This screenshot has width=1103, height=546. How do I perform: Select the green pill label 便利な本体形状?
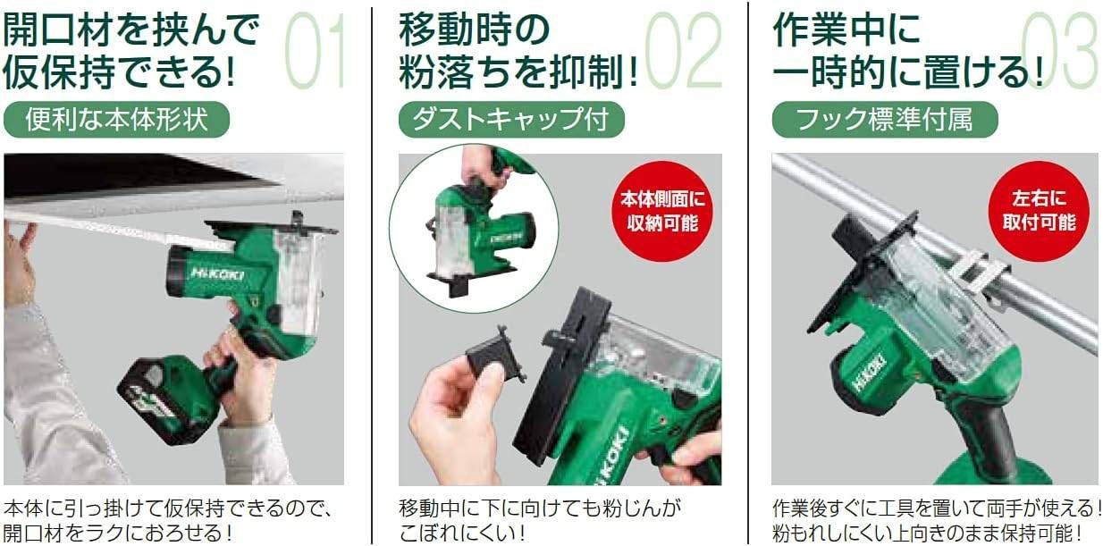pos(116,120)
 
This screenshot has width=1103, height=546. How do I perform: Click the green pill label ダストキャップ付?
pos(511,120)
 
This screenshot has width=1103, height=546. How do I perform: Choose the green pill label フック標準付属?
pos(884,120)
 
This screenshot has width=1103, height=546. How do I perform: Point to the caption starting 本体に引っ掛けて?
pos(170,521)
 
